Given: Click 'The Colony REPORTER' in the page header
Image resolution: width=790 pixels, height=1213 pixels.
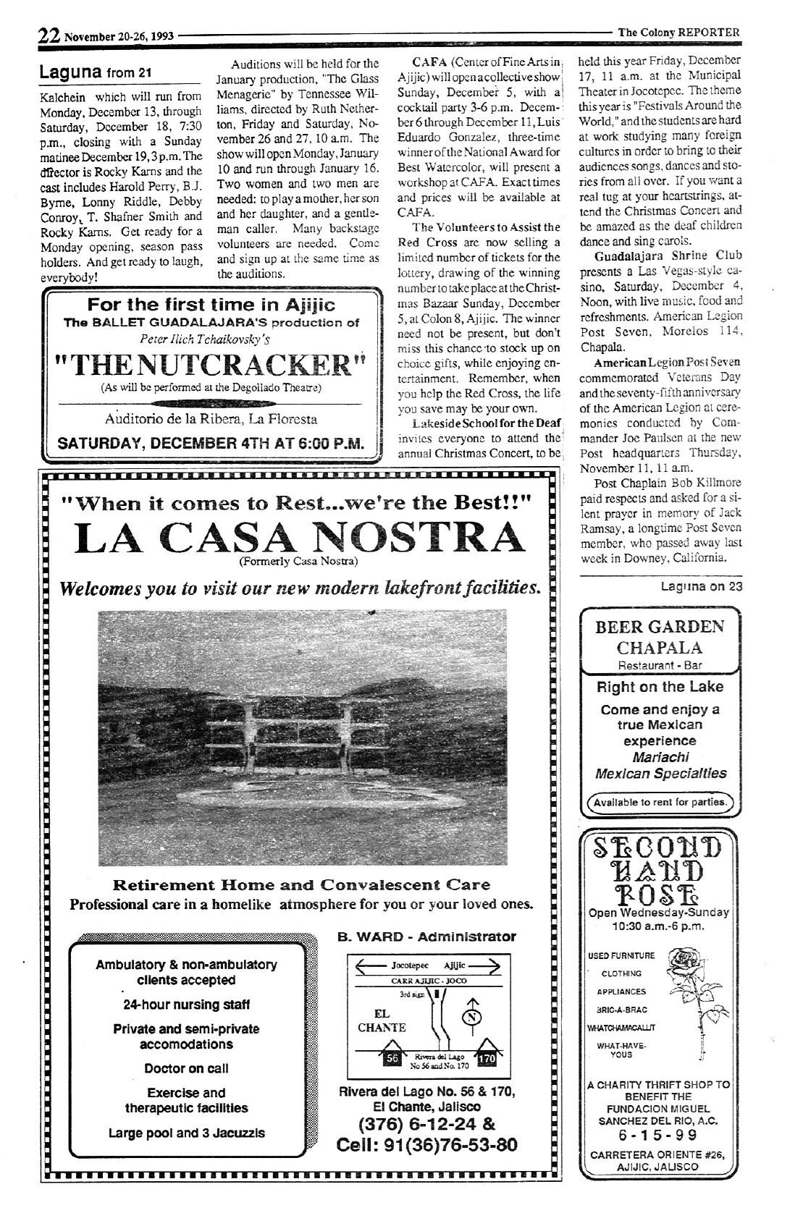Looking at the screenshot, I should coord(678,32).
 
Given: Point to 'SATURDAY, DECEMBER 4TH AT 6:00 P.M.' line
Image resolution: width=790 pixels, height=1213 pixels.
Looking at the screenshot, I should coord(211,443).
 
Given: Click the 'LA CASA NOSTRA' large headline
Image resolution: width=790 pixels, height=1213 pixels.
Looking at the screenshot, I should coord(298,538).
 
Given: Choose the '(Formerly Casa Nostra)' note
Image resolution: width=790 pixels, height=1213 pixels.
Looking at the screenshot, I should coord(298,561).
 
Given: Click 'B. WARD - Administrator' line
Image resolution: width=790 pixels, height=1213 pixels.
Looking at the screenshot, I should coord(426,937).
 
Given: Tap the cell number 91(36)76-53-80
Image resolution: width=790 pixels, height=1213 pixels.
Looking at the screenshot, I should coord(426,1145).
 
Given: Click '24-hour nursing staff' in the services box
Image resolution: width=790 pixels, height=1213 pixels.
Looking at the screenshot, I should coord(186,1005).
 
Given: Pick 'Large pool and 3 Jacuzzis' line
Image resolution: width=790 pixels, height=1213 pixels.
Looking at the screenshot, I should coord(186,1133).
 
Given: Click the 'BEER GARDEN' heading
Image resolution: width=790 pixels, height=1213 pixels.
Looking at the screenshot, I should coord(659,627).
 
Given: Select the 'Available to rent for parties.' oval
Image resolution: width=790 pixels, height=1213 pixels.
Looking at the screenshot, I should coord(660,802).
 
